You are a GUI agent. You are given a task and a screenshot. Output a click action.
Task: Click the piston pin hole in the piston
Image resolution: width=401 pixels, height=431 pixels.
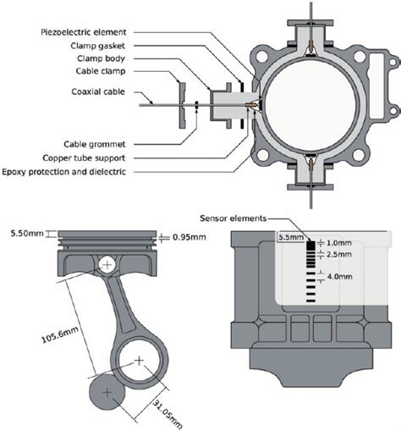tap(107, 265)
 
